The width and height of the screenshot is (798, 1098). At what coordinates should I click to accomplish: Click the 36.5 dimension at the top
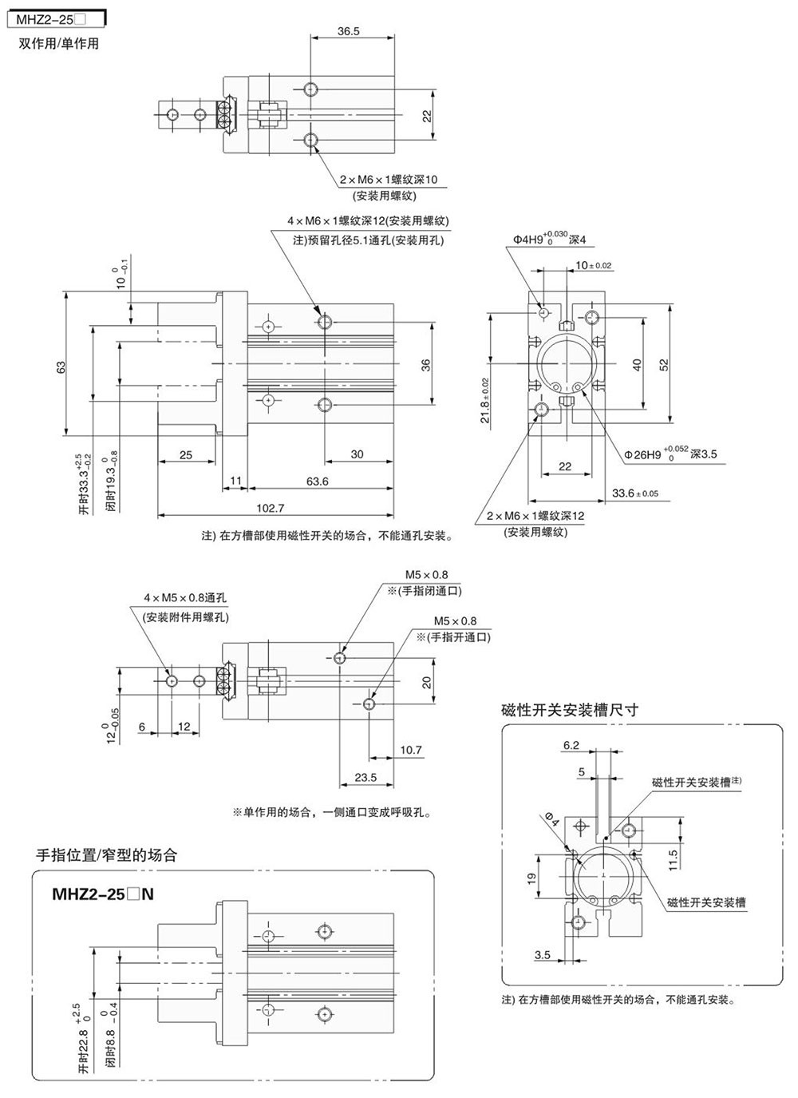[x=348, y=31]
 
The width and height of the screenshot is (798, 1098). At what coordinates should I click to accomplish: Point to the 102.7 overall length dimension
[x=271, y=508]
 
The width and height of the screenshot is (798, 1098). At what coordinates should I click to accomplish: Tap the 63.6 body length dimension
[x=317, y=481]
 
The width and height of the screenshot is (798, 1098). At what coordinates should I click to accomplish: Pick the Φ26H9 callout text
[x=671, y=454]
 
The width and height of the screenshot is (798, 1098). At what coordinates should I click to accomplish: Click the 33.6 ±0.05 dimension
[x=635, y=493]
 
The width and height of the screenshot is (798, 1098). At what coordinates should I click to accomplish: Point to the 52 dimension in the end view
[x=664, y=364]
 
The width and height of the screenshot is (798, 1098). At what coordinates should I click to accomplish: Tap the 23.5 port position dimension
[x=365, y=778]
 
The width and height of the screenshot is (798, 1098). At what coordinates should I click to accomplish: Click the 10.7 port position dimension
[x=410, y=750]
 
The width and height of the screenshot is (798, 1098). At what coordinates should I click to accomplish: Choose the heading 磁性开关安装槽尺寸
[x=570, y=709]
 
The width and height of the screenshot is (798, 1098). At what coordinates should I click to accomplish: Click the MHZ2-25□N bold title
[x=102, y=894]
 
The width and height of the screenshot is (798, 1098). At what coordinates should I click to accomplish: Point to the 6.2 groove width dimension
[x=571, y=745]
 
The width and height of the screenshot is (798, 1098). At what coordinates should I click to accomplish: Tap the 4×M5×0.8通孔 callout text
[x=185, y=597]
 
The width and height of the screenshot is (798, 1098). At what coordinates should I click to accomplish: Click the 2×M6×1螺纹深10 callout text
[x=384, y=180]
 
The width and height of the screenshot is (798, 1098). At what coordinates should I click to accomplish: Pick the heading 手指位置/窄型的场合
[x=107, y=855]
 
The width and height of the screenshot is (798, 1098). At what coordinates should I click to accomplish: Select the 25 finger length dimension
[x=185, y=455]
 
